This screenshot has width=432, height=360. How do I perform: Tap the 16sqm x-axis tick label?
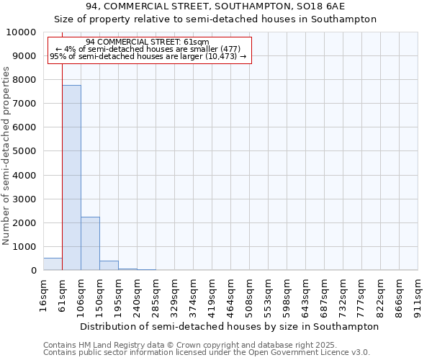(x=43, y=294)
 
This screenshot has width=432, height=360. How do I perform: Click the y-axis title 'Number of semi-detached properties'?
(x=6, y=156)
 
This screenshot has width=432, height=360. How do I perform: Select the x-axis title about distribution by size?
(x=229, y=326)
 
